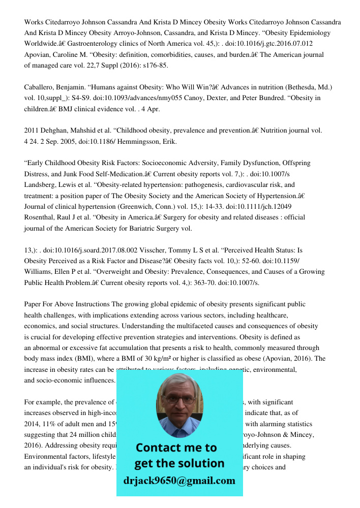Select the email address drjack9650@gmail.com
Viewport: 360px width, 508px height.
pos(179,481)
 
